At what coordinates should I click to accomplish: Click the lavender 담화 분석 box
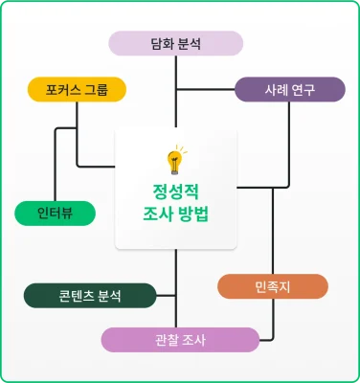click(176, 44)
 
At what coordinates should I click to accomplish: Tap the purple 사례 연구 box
click(290, 91)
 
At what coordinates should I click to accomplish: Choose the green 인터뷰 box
click(55, 213)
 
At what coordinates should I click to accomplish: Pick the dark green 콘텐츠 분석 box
click(90, 295)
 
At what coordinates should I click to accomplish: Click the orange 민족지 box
click(273, 286)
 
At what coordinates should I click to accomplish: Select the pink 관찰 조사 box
click(180, 340)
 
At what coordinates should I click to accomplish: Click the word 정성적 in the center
click(175, 188)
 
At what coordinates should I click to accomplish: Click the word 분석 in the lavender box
click(191, 44)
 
